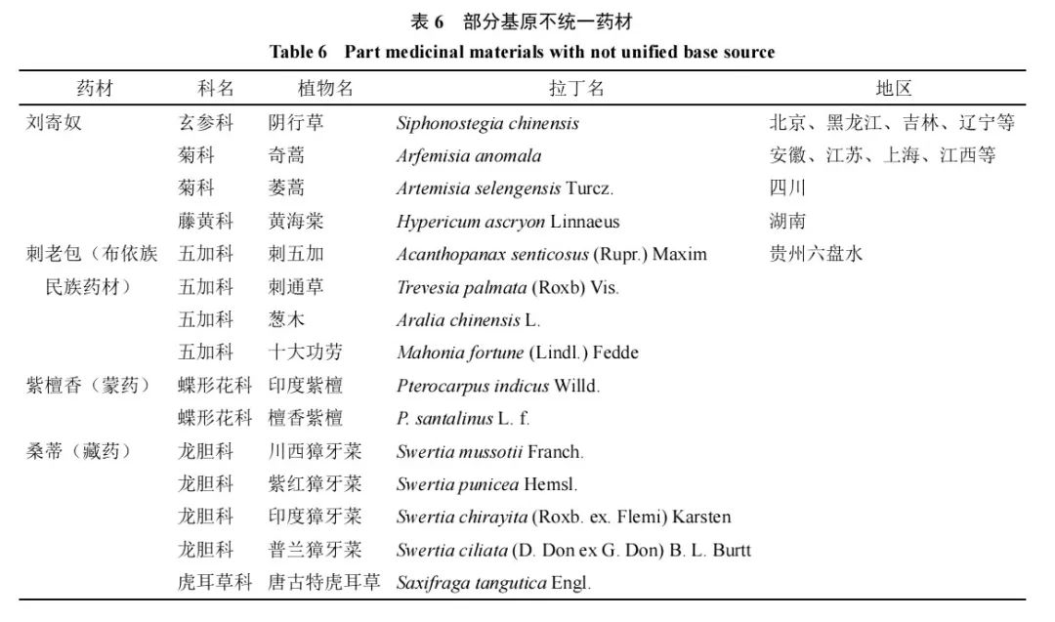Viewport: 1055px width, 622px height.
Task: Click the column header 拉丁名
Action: pos(576,88)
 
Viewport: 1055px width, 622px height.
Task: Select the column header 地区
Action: pos(893,88)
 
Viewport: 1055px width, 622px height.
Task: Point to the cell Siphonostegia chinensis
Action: pos(487,123)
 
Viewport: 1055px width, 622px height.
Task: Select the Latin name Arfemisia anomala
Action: pos(469,155)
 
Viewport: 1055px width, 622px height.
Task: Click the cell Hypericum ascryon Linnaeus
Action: pos(508,222)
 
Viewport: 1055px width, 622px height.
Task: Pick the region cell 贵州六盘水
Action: pos(817,254)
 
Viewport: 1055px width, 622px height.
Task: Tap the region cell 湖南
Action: pos(787,222)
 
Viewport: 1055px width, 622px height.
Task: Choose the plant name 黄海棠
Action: pos(297,222)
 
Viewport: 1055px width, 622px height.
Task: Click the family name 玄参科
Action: pos(206,123)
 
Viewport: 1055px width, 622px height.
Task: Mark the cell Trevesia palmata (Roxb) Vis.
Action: pos(508,287)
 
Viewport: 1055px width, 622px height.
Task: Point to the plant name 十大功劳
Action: pos(306,352)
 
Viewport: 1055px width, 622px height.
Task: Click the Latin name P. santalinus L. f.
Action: pos(463,418)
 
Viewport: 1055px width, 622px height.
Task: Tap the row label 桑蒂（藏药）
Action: pos(78,451)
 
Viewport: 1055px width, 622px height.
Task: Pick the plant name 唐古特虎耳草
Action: pos(324,583)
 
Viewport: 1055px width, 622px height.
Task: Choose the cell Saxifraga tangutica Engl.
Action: pos(493,583)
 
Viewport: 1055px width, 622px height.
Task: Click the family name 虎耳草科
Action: pos(215,583)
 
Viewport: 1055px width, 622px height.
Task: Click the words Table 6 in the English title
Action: pos(300,52)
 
